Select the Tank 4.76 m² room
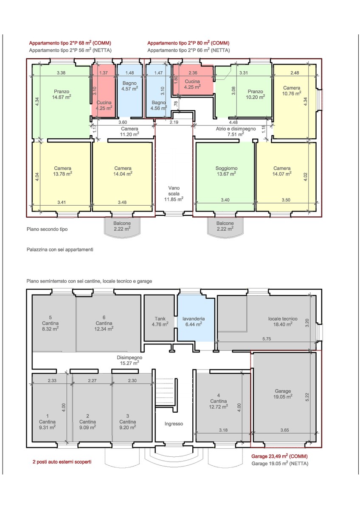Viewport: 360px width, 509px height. click(160, 318)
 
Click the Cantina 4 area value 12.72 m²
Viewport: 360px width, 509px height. click(218, 406)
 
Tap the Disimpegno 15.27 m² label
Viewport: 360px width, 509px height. click(129, 360)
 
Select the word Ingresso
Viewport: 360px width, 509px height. click(174, 424)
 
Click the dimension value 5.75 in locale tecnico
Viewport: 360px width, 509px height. click(267, 339)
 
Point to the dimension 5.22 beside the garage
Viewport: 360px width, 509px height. click(307, 397)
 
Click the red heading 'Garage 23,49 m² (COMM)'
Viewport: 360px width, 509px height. click(279, 456)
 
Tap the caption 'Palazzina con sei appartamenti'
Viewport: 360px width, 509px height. click(60, 249)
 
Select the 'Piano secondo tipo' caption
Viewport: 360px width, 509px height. click(47, 229)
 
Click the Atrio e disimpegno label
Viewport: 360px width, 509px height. click(236, 129)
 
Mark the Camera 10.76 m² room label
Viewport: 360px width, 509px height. click(292, 90)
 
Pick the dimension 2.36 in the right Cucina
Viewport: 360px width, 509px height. click(193, 73)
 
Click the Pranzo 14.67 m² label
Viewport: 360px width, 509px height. click(62, 94)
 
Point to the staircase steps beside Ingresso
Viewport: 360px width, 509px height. click(166, 392)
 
